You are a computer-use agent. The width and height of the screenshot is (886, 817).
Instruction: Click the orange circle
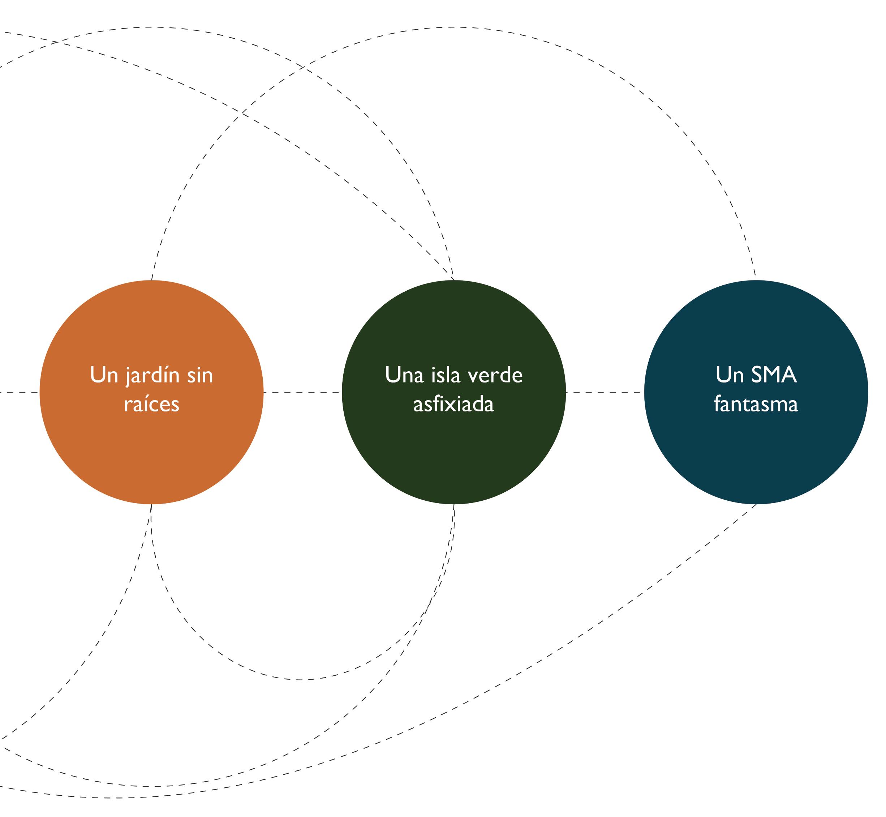pos(151,392)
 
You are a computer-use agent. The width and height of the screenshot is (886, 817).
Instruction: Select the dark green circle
pos(454,392)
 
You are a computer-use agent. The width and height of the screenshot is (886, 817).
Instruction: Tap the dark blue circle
pos(756,392)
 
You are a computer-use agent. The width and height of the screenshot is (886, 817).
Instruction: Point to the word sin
pos(200,375)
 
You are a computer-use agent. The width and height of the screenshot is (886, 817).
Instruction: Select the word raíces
pos(151,404)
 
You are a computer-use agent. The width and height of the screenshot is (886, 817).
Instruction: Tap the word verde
pos(495,375)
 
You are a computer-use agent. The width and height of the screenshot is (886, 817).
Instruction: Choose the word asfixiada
pos(454,404)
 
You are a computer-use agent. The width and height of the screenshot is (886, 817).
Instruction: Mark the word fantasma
pos(756,404)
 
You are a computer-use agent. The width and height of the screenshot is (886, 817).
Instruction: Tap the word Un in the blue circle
pos(730,375)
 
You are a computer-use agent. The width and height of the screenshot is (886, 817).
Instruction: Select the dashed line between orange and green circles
pos(303,392)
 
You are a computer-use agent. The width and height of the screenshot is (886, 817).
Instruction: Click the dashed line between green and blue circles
pos(605,392)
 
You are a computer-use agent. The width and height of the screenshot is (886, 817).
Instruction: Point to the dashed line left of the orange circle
pos(20,392)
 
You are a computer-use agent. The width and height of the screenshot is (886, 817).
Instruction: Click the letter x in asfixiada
pos(456,406)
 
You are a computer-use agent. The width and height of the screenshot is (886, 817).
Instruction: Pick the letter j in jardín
pos(129,377)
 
